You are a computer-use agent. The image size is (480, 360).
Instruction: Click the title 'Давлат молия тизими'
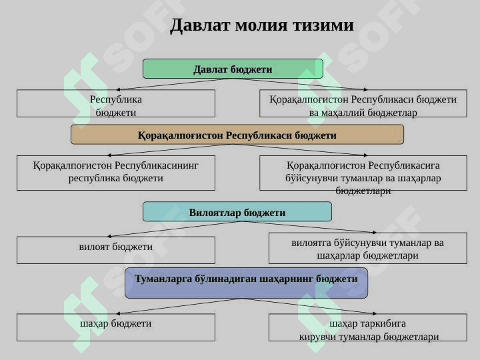point(262,25)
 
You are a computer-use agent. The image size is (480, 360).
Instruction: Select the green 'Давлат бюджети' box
point(233,69)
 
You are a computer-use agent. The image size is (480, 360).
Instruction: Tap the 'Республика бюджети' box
point(116,103)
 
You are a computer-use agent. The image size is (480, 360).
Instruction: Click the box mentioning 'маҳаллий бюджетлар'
point(363,103)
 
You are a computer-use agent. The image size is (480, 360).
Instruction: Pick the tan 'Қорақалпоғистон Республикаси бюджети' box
point(237,135)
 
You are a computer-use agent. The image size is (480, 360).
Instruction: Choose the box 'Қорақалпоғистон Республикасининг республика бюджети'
point(116,173)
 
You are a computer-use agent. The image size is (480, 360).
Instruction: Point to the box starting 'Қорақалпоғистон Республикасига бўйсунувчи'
point(363,173)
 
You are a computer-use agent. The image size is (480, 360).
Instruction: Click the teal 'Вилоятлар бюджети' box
point(237,211)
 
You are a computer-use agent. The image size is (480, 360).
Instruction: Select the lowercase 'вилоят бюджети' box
point(116,250)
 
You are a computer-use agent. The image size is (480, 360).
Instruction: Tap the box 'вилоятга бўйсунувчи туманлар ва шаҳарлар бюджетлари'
point(367,248)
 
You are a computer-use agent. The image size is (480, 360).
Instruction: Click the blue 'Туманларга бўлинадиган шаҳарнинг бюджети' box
point(246,283)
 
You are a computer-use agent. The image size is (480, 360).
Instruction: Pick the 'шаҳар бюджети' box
point(116,327)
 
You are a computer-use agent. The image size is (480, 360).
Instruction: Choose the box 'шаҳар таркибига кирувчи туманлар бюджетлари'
point(367,327)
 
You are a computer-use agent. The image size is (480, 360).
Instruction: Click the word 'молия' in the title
point(262,25)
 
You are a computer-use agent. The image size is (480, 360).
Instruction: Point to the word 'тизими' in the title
point(323,25)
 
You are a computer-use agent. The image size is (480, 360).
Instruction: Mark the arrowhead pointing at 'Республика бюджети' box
point(118,89)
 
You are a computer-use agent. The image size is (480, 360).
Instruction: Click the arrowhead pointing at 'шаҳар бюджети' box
point(118,313)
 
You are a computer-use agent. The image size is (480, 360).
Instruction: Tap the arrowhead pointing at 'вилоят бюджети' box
point(109,236)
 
